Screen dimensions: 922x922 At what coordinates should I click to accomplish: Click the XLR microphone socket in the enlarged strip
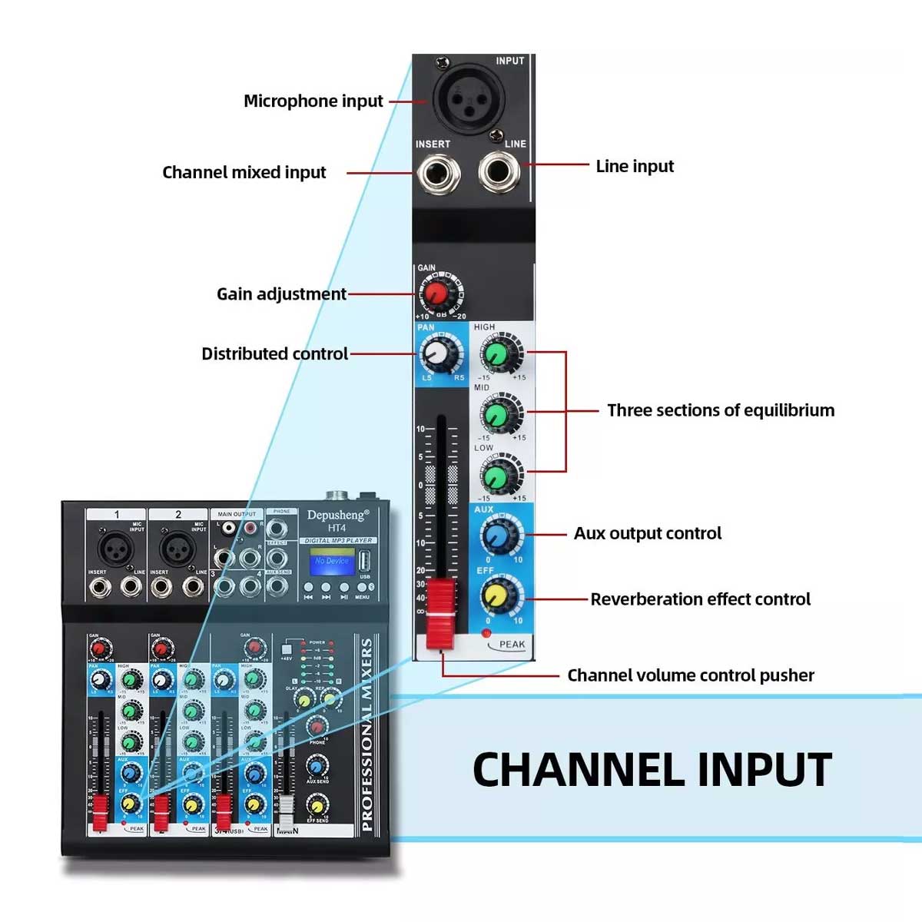click(x=463, y=100)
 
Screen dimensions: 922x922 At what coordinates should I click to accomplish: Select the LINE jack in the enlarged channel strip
click(x=499, y=171)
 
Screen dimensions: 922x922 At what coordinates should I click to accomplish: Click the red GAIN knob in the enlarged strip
click(x=437, y=293)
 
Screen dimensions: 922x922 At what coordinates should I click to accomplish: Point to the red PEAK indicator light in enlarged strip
click(x=486, y=633)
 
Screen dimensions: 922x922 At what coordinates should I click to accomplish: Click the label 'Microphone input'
click(x=313, y=101)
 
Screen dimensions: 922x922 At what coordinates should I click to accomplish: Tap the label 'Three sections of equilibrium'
click(x=720, y=410)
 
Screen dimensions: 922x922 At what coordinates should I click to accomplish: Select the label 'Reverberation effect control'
click(x=700, y=599)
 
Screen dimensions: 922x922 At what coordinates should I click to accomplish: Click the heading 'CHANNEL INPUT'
click(x=652, y=769)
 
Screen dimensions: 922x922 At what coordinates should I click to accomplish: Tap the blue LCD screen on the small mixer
click(x=331, y=562)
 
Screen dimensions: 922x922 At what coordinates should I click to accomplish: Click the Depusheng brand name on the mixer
click(x=337, y=515)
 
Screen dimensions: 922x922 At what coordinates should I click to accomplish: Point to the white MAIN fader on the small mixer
click(x=286, y=813)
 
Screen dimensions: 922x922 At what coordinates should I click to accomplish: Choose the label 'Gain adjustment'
click(x=281, y=294)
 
